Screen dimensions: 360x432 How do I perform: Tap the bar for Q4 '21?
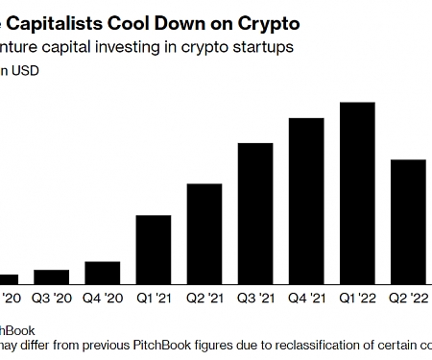click(306, 202)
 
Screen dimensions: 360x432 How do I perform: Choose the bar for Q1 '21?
click(154, 251)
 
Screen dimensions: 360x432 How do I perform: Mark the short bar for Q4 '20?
click(103, 274)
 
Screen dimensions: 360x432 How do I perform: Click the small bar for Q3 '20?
click(51, 277)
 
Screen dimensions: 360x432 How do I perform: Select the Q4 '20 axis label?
click(103, 298)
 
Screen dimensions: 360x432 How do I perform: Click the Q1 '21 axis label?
click(154, 298)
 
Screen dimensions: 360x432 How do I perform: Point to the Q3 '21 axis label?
click(254, 298)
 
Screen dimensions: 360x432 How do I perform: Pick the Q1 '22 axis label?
click(357, 298)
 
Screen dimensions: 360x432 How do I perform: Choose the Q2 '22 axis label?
click(409, 298)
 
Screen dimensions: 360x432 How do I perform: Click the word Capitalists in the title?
click(59, 20)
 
